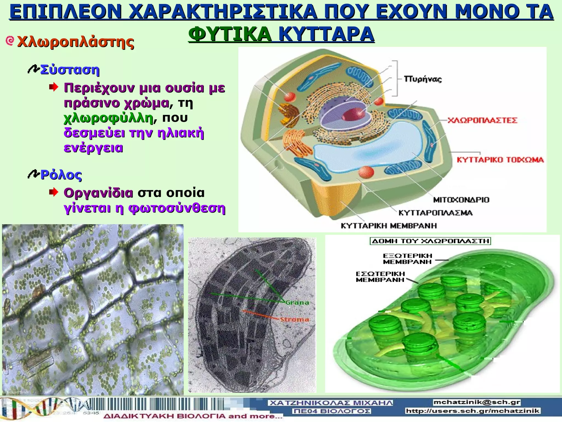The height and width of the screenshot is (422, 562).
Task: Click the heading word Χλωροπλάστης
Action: coord(75,42)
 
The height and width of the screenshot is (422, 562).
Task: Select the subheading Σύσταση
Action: coord(70,70)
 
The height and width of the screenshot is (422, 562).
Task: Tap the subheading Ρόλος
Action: coord(61,175)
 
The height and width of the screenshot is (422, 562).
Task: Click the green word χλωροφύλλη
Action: coord(108,118)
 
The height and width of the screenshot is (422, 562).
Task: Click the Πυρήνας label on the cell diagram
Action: coord(423,79)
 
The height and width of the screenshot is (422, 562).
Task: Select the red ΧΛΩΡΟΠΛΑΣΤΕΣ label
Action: coord(482,120)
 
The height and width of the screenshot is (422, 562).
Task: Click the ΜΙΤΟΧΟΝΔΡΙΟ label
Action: coord(461,200)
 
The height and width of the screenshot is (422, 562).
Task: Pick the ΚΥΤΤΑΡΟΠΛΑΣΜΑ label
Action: coord(435,213)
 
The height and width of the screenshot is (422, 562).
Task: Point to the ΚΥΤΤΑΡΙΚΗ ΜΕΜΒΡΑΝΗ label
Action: coord(389,226)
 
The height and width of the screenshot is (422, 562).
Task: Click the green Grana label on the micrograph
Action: coord(297,303)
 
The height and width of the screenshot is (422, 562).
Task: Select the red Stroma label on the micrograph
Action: coord(294,320)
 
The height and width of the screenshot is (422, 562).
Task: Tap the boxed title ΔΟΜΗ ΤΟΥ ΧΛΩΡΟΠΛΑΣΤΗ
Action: coord(430,241)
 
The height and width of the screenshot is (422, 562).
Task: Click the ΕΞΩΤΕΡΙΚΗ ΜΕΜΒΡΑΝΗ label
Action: coord(408,259)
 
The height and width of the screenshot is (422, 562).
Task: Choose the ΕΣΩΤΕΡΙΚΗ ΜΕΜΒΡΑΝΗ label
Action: coord(380,277)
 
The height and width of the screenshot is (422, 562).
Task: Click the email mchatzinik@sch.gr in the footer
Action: coord(477,402)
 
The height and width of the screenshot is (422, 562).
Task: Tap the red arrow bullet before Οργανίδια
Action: coord(54,193)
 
